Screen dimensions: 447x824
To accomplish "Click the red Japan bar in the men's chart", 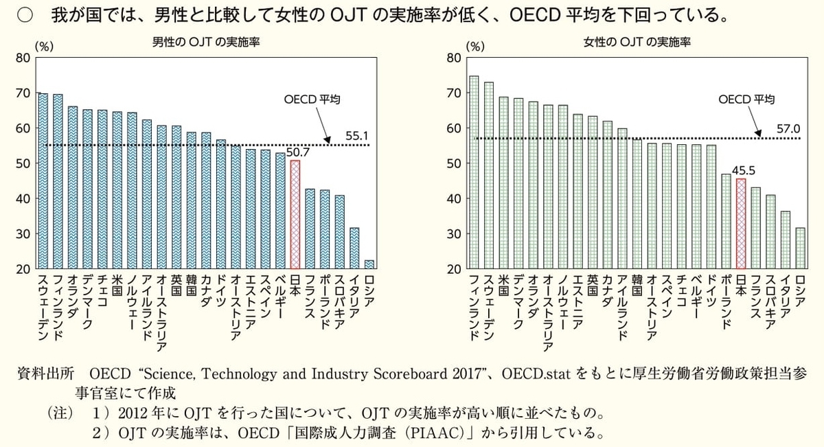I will (295, 214).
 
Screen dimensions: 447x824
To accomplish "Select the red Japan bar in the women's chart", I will (741, 223).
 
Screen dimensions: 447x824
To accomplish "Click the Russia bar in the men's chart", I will (369, 264).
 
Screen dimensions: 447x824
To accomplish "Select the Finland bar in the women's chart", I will (474, 172).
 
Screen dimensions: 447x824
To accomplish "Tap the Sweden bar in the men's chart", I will (43, 181).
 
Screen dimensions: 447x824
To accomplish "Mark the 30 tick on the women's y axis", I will (454, 234).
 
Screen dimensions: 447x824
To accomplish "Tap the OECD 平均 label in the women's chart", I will (747, 100).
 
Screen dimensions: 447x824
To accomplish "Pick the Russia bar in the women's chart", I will (800, 248).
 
